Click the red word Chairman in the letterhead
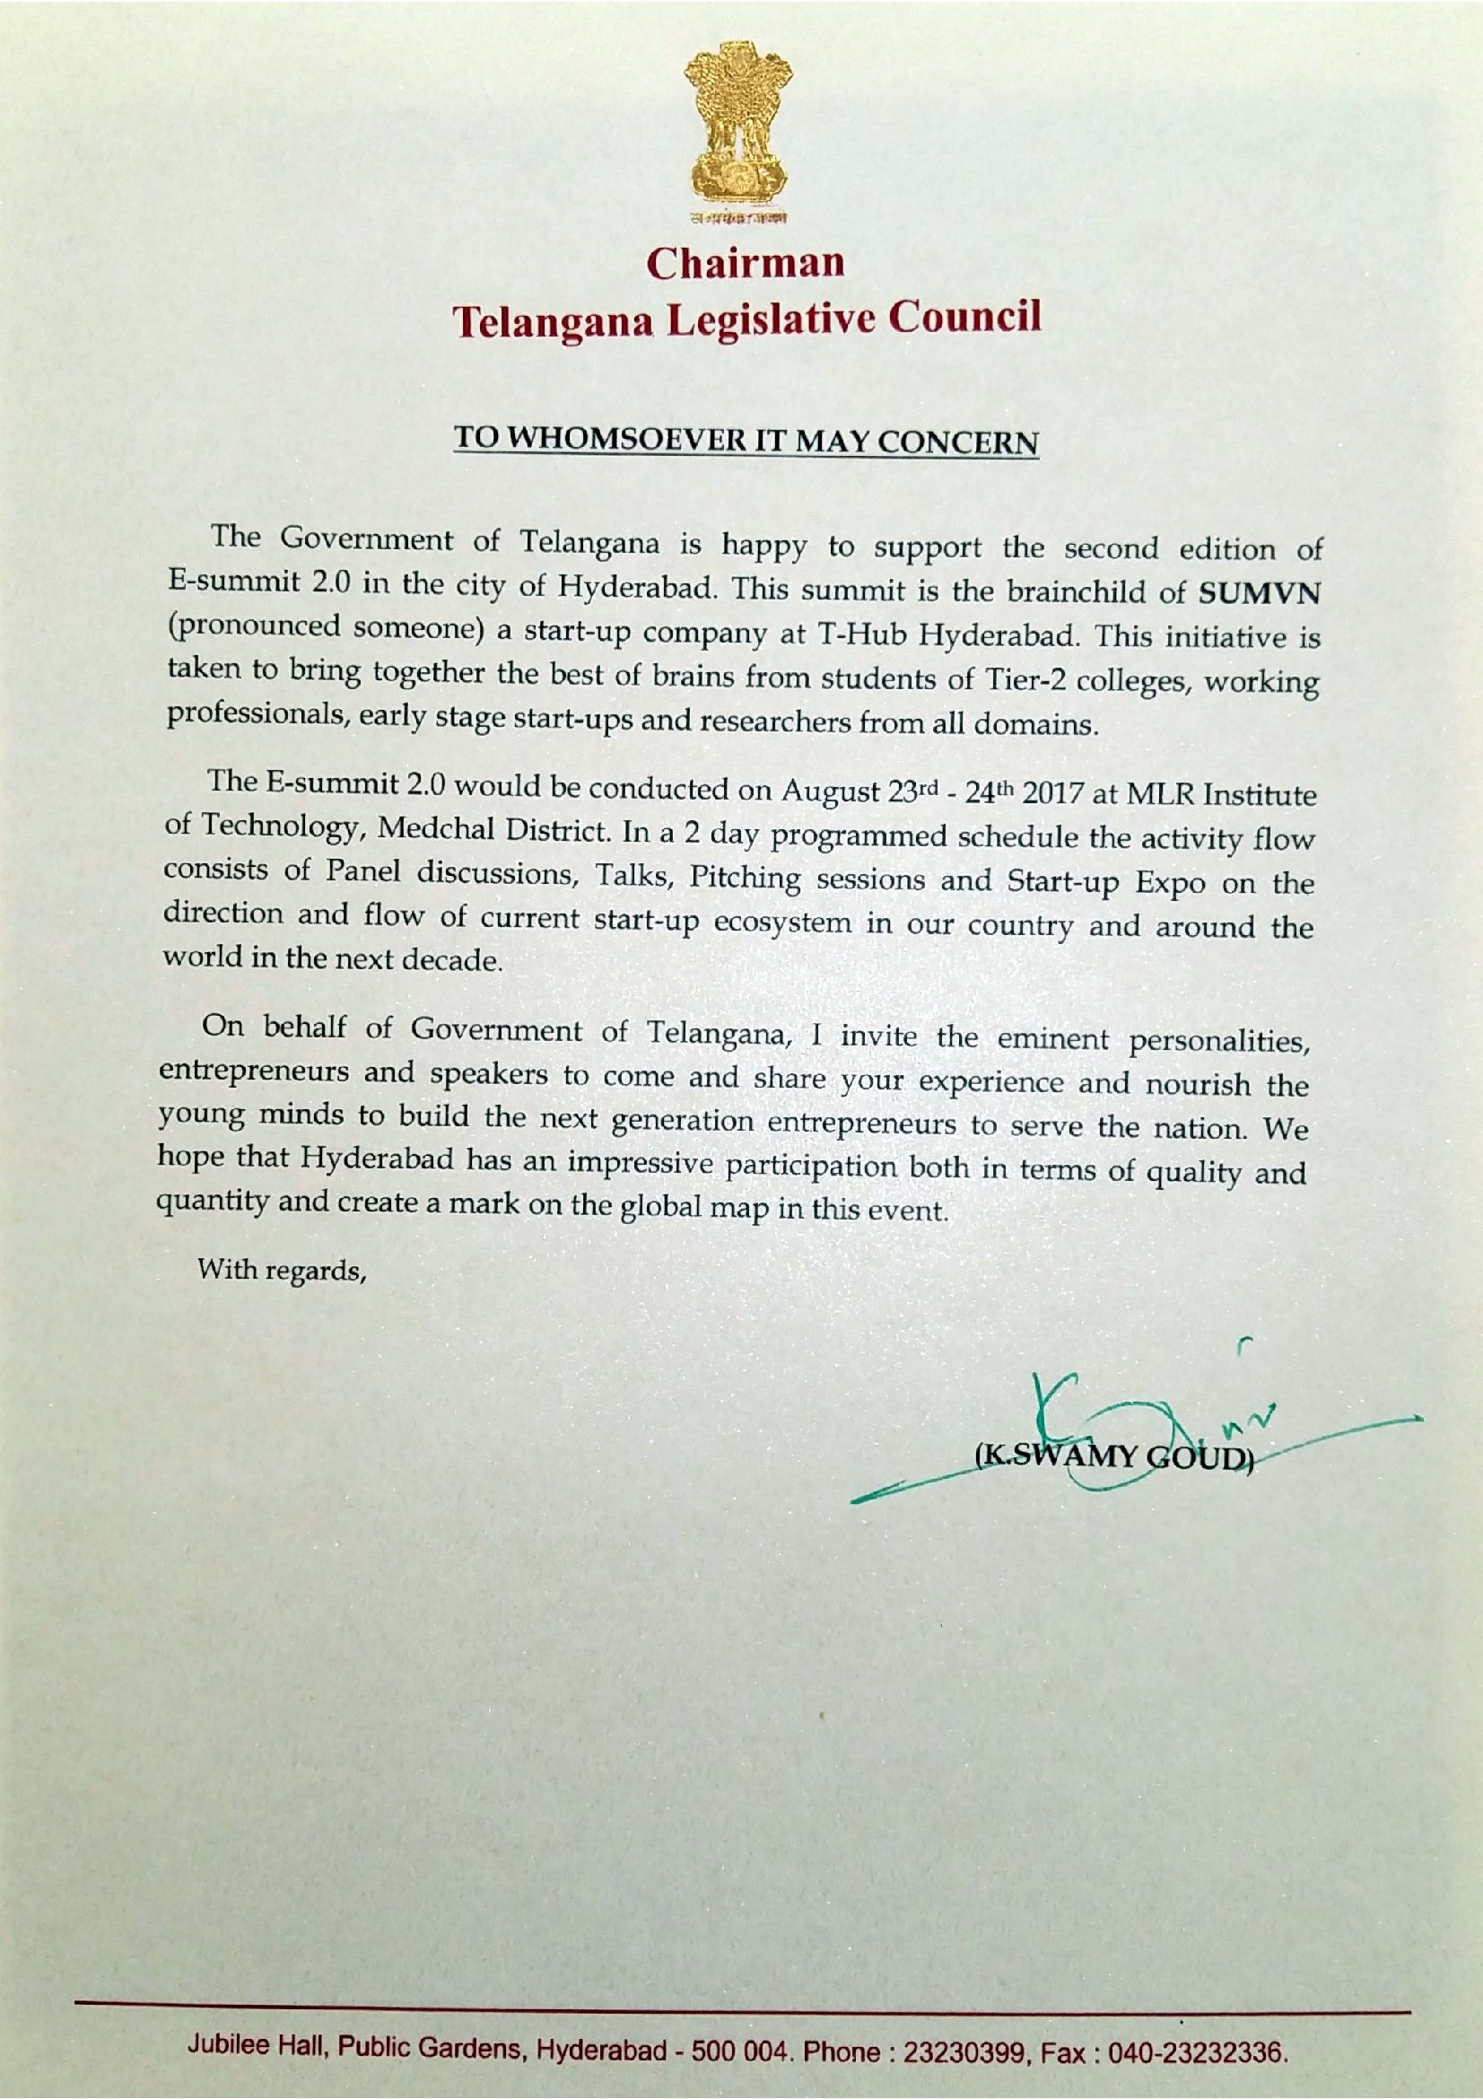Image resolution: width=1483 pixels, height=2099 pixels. pyautogui.click(x=746, y=263)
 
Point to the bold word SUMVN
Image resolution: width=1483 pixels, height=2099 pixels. pyautogui.click(x=1259, y=592)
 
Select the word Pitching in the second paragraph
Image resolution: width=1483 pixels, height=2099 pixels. pyautogui.click(x=745, y=878)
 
